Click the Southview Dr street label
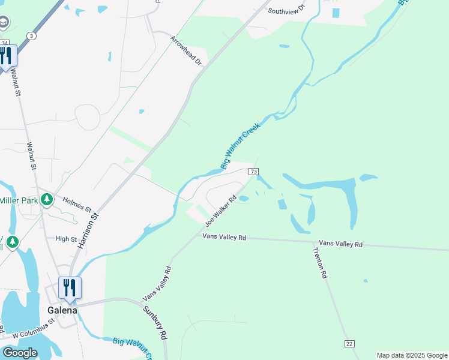coord(286,11)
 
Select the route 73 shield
coord(253,172)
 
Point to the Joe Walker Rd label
coord(220,210)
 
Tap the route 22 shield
coord(349,343)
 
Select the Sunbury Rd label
coord(154,323)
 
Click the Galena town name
coord(62,310)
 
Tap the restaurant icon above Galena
coord(70,288)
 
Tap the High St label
coord(67,239)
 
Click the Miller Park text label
coord(19,200)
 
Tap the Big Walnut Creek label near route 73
coord(240,146)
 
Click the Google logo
coord(20,352)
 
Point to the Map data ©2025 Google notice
coord(411,355)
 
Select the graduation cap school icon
coord(4,23)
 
